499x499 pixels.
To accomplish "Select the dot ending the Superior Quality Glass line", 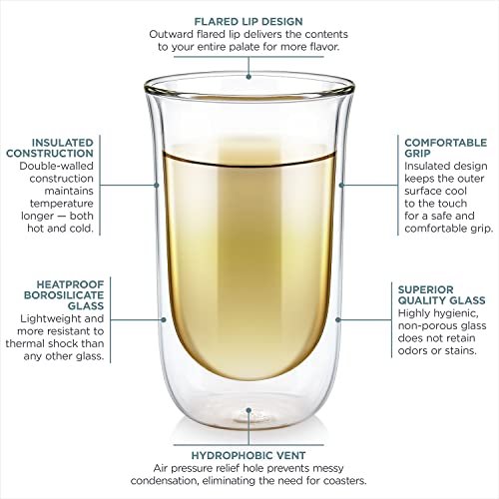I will (x=338, y=319).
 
